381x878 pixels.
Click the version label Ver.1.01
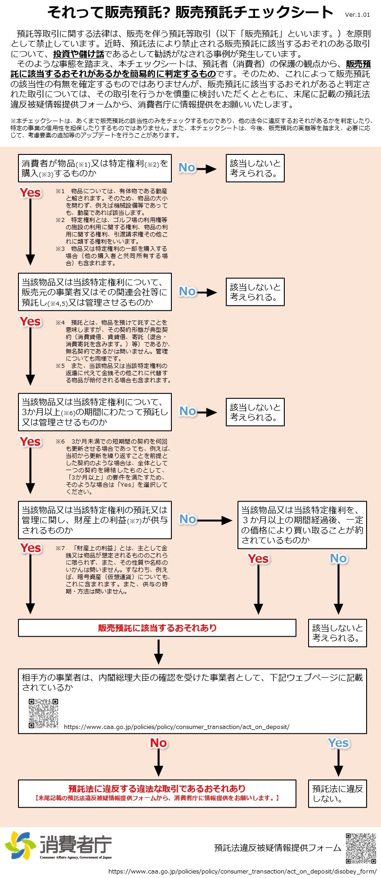point(357,14)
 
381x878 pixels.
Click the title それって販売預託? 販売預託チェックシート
point(190,13)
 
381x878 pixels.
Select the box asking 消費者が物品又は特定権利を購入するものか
point(94,168)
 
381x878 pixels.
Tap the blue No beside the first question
point(187,168)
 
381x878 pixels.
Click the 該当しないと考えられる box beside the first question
point(255,168)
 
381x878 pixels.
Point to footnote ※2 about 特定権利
point(112,231)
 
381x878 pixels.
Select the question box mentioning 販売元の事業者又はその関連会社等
point(94,292)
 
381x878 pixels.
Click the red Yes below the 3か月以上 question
point(30,442)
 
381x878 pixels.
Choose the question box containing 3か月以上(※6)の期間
point(94,412)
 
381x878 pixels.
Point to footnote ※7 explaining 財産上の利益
point(113,570)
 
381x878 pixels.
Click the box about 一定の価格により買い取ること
point(302,525)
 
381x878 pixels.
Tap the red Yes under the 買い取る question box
point(258,559)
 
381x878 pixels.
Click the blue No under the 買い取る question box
point(338,559)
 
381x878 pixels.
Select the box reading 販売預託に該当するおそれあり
point(157,628)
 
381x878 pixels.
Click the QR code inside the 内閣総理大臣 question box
point(44,714)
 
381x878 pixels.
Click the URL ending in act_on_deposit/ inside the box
point(176,727)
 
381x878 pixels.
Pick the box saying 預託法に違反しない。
point(337,793)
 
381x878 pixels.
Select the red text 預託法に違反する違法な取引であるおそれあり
point(157,788)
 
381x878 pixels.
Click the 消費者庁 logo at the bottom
point(58,846)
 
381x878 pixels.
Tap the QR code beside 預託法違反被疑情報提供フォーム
point(360,848)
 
